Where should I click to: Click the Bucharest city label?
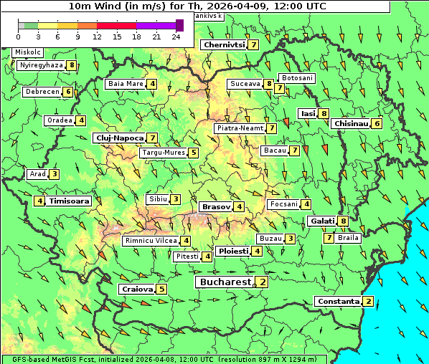pyautogui.click(x=225, y=282)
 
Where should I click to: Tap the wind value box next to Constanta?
pyautogui.click(x=369, y=301)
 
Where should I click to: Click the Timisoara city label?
pyautogui.click(x=70, y=201)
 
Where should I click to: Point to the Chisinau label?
pyautogui.click(x=351, y=123)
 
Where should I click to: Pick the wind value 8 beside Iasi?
pyautogui.click(x=324, y=113)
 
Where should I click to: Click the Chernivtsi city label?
pyautogui.click(x=224, y=44)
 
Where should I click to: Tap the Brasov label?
pyautogui.click(x=216, y=206)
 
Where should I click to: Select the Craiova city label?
pyautogui.click(x=137, y=289)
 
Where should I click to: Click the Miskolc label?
pyautogui.click(x=27, y=52)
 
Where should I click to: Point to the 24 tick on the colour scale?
pyautogui.click(x=176, y=37)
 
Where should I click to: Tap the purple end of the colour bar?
pyautogui.click(x=179, y=25)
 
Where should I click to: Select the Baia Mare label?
pyautogui.click(x=126, y=84)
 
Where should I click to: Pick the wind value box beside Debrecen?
pyautogui.click(x=68, y=92)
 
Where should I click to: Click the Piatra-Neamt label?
pyautogui.click(x=240, y=128)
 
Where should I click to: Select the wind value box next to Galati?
pyautogui.click(x=344, y=221)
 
